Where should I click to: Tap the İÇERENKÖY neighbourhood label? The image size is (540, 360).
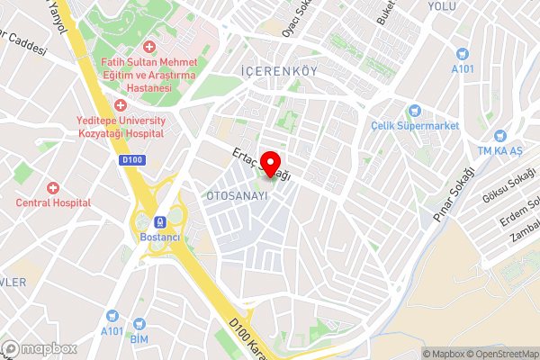pos(277,69)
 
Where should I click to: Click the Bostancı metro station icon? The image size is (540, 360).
pos(160,221)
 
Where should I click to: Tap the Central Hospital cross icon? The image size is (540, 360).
pos(53,188)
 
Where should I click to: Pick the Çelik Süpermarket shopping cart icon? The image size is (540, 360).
pos(415,111)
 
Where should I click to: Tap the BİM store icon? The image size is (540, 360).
pos(139,322)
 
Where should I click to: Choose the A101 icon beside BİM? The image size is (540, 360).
pos(112,316)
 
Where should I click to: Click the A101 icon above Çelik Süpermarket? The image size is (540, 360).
pos(463,53)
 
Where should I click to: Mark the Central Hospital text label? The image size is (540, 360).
pos(53,202)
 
